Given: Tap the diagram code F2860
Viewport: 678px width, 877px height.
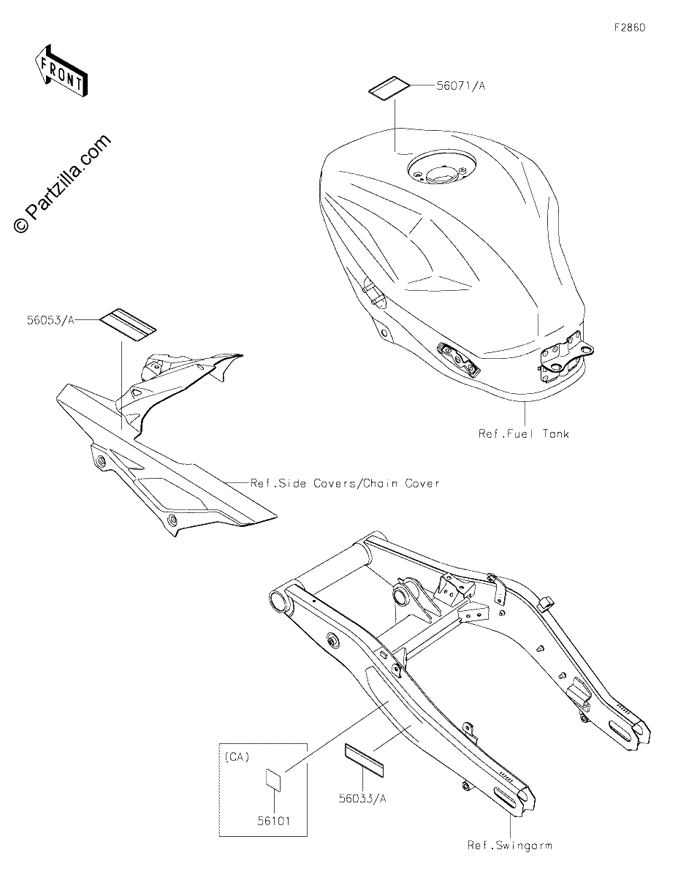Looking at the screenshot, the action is [630, 28].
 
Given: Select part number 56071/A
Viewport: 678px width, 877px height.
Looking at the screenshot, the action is [460, 86].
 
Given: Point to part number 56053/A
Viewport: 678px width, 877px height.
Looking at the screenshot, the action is [51, 320].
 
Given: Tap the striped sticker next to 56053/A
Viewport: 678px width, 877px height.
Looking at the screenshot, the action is [128, 325].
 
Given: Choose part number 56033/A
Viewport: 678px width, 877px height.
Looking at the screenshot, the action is [362, 798].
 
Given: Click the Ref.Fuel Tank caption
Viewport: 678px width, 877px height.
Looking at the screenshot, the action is [524, 434].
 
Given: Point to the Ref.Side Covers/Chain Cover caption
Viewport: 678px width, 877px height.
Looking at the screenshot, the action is [345, 483].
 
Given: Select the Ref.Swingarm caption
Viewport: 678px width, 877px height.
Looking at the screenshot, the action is [510, 845].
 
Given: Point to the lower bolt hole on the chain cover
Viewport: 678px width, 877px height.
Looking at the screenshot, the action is [172, 519].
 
